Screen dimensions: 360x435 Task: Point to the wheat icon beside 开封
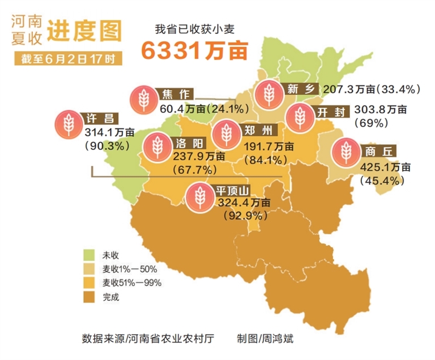coord(300,117)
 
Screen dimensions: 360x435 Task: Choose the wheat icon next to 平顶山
coord(199,195)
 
